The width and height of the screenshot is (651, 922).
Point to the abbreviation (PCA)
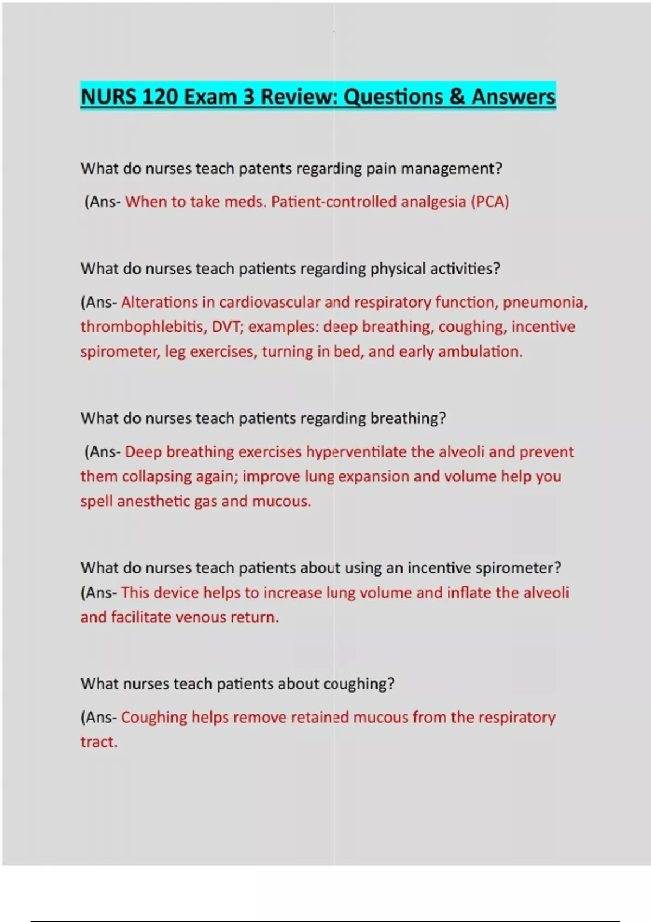click(x=490, y=202)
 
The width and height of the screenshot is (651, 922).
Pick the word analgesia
click(x=433, y=202)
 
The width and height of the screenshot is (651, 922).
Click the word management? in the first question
click(x=451, y=169)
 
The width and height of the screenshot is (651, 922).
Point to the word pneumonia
click(x=544, y=302)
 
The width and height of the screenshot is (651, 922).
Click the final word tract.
click(x=99, y=742)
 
